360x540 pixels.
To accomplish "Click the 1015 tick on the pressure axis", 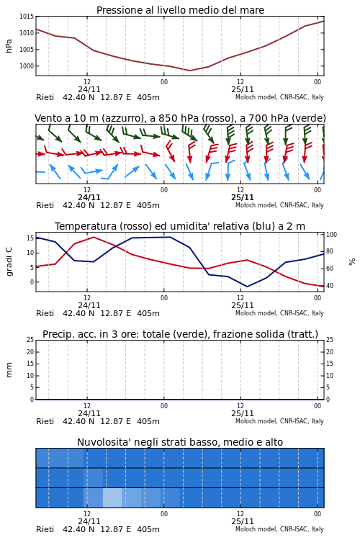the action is click(x=27, y=16).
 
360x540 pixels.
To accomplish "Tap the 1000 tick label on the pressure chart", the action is click(x=27, y=66).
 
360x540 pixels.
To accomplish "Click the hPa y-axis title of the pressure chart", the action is click(x=9, y=46).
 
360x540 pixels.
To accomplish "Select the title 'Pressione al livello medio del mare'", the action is click(x=180, y=10).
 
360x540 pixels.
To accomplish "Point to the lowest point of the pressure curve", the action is click(x=189, y=71).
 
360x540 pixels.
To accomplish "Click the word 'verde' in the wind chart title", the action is click(x=307, y=118).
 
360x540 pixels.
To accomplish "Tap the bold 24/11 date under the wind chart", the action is click(x=89, y=197).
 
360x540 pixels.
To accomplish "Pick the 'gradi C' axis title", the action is click(x=9, y=261).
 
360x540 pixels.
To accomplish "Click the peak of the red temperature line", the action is click(x=94, y=237).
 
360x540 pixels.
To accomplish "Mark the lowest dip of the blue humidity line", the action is click(x=247, y=287).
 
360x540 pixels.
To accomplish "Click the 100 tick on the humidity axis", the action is click(x=331, y=235).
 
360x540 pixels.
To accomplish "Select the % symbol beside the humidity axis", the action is click(x=352, y=262).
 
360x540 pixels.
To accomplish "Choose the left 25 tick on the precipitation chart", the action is click(x=31, y=340).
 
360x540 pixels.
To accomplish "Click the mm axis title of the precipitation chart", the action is click(x=9, y=370).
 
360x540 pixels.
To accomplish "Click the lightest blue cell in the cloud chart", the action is click(x=112, y=498).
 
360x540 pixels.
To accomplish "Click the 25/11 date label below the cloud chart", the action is click(x=243, y=521).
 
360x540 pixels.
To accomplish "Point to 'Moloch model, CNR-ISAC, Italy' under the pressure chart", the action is click(x=279, y=97).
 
